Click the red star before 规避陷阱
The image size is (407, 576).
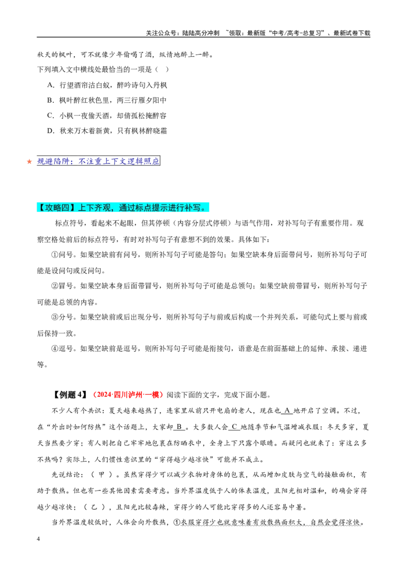(30, 162)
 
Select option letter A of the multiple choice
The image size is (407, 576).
(50, 85)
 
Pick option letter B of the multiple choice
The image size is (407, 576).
(50, 100)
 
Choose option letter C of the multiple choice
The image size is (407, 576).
(50, 116)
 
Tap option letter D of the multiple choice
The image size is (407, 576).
(50, 131)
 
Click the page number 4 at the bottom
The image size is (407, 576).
(39, 539)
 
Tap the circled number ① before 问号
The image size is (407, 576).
(55, 255)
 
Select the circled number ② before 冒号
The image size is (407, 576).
(55, 286)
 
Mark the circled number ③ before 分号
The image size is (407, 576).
(55, 318)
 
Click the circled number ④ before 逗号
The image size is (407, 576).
(55, 349)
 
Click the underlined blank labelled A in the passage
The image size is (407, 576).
(287, 411)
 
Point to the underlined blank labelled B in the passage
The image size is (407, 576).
(179, 427)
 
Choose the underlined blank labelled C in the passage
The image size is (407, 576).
(235, 427)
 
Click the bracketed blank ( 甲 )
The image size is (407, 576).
(102, 475)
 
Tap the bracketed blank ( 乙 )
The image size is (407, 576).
(95, 507)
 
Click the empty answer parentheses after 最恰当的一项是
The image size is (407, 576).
(162, 69)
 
